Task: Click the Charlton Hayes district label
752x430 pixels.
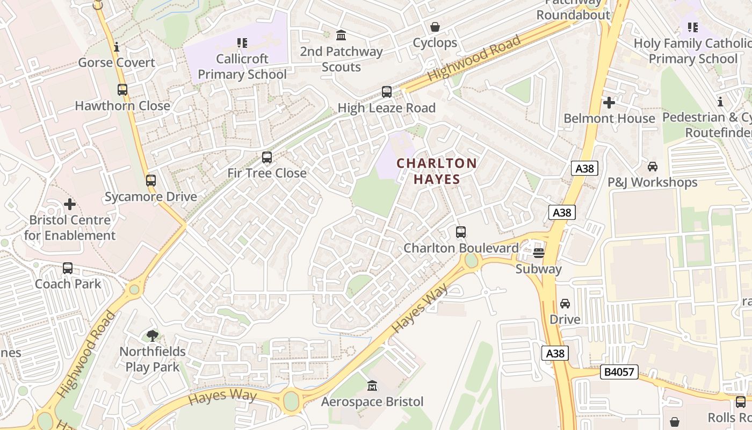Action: click(437, 171)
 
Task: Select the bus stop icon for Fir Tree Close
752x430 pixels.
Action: click(267, 157)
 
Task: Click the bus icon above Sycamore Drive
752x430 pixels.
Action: click(151, 181)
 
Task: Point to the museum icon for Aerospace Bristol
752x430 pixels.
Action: click(372, 386)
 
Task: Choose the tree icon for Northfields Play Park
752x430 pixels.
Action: click(153, 336)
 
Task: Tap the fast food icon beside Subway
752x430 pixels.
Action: click(539, 253)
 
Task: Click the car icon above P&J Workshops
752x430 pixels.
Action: click(653, 167)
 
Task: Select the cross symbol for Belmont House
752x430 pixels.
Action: click(609, 102)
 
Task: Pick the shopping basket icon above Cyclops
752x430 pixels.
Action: click(435, 27)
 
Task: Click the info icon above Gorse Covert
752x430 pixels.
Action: click(117, 47)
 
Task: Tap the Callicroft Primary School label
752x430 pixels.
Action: click(242, 66)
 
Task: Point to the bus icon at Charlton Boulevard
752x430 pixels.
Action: click(461, 232)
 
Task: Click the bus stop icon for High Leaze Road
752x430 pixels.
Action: click(387, 92)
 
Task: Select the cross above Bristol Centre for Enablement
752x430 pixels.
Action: click(70, 204)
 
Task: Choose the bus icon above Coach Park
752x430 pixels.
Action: click(68, 268)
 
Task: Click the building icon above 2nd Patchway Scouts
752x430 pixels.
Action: click(341, 35)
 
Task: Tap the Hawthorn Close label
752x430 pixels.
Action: click(122, 106)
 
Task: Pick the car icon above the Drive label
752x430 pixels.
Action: click(565, 304)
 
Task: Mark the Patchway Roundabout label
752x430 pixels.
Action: click(573, 10)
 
